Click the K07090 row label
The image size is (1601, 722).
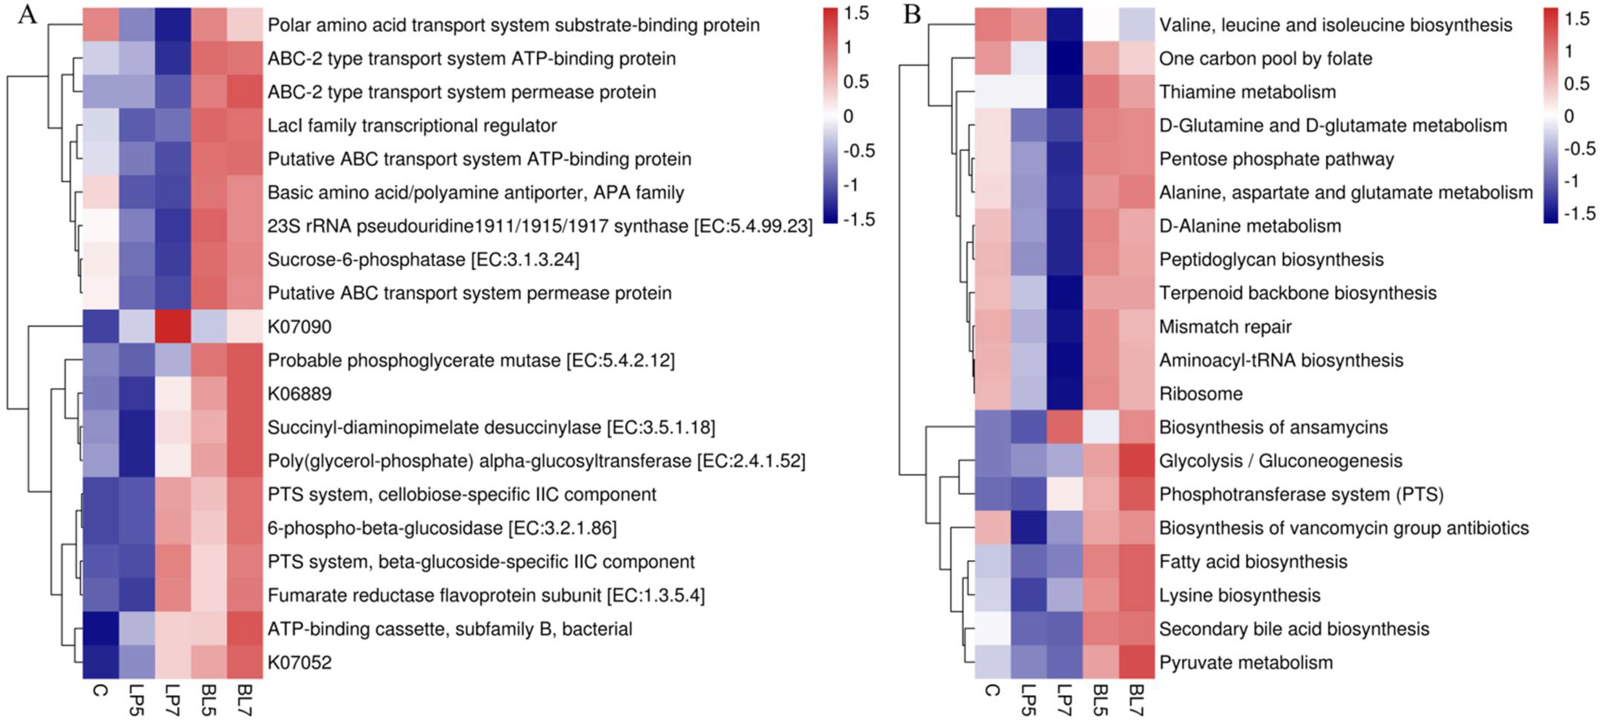(299, 327)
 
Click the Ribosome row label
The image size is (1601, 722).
(1201, 394)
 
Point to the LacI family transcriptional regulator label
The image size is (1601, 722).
(412, 126)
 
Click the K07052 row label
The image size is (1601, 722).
(299, 662)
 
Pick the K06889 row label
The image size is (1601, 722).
(299, 394)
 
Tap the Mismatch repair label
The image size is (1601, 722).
(1225, 327)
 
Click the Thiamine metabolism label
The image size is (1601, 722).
(1247, 92)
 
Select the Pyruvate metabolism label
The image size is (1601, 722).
(1246, 662)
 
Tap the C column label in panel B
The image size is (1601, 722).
(993, 690)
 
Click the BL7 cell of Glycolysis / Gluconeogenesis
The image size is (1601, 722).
(1136, 461)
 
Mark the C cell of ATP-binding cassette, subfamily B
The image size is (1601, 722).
(100, 629)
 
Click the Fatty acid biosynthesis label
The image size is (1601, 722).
(1253, 562)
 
